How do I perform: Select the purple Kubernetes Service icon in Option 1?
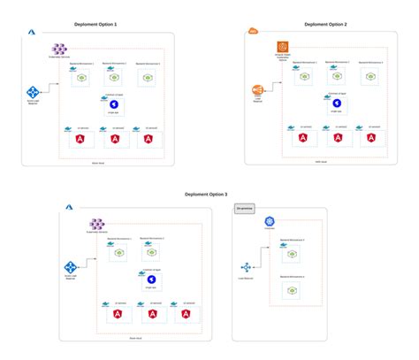tap(60, 49)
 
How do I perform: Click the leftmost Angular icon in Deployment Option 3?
tap(118, 315)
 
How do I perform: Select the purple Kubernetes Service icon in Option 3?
tap(97, 225)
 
